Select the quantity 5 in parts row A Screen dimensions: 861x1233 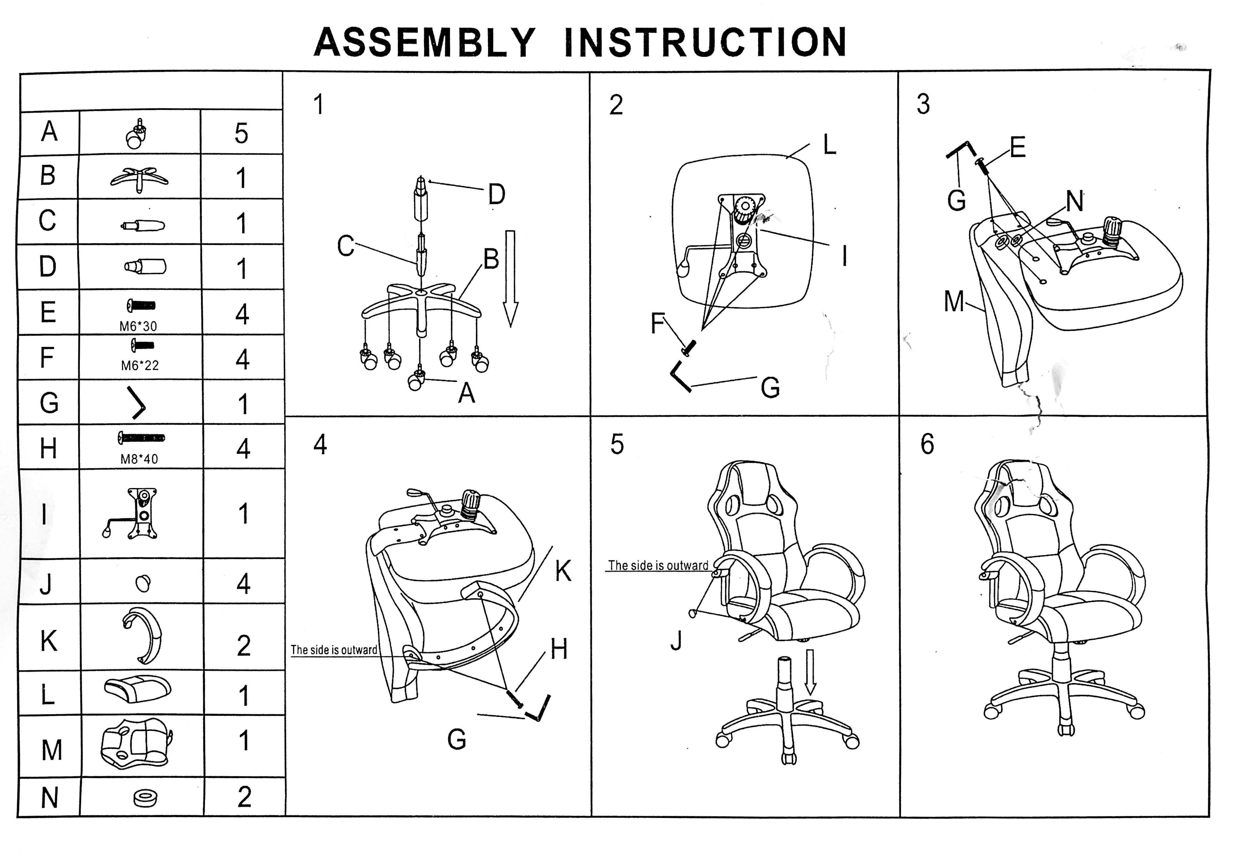pyautogui.click(x=241, y=133)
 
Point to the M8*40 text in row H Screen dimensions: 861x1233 pyautogui.click(x=139, y=459)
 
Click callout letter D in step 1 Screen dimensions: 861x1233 pyautogui.click(x=496, y=194)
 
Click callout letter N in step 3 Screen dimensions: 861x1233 pyautogui.click(x=1074, y=202)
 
